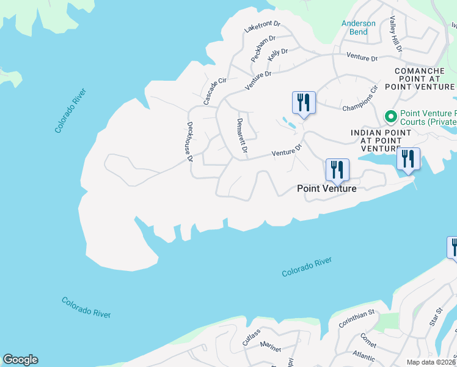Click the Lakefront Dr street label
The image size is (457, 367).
(x=261, y=27)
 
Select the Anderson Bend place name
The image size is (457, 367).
(x=359, y=28)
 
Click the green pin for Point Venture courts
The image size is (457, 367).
(x=389, y=116)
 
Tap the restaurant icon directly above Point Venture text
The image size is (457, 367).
(x=337, y=169)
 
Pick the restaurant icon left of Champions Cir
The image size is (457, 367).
(x=304, y=102)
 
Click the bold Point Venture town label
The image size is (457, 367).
(x=326, y=188)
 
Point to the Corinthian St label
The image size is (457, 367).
(x=354, y=317)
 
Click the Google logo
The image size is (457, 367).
(x=20, y=360)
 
